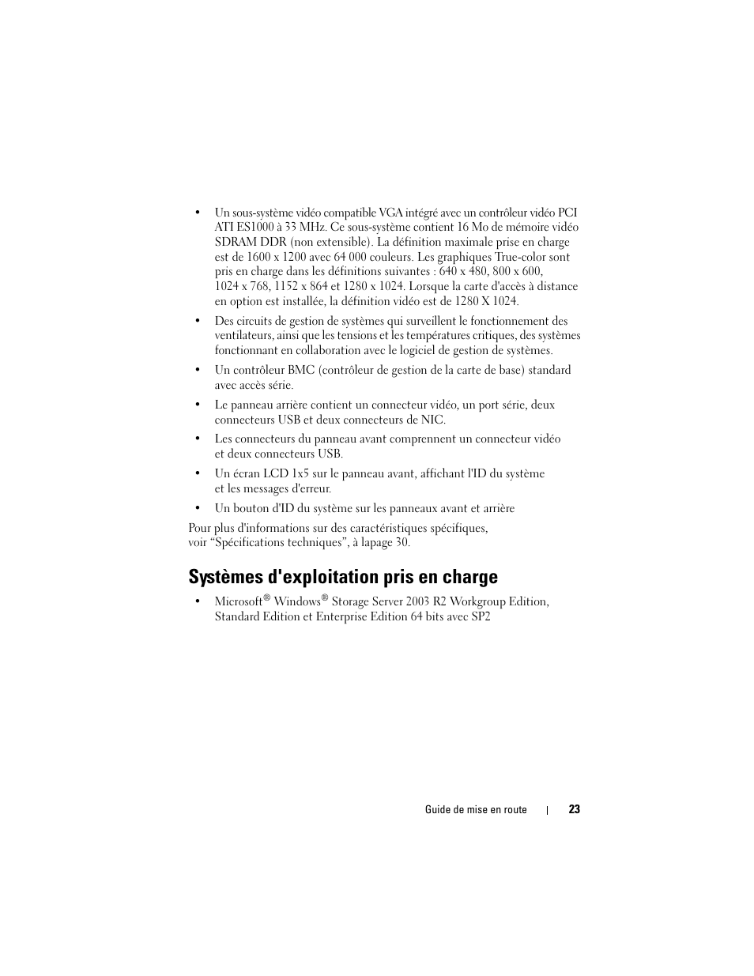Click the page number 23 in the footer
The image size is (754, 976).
pyautogui.click(x=574, y=809)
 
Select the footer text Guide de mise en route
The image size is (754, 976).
pyautogui.click(x=476, y=810)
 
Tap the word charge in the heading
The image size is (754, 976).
pyautogui.click(x=471, y=577)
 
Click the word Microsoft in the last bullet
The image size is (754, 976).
pyautogui.click(x=239, y=602)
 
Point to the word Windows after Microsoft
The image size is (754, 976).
pyautogui.click(x=296, y=602)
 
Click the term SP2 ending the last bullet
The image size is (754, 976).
pyautogui.click(x=481, y=617)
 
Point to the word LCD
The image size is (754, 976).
pyautogui.click(x=276, y=473)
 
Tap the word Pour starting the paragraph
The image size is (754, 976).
pyautogui.click(x=200, y=528)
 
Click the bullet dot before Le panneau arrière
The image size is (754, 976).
pyautogui.click(x=197, y=405)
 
